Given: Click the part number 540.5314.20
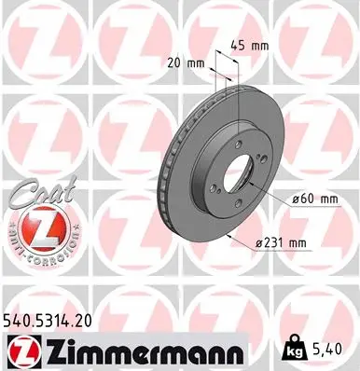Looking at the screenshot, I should (55, 321).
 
